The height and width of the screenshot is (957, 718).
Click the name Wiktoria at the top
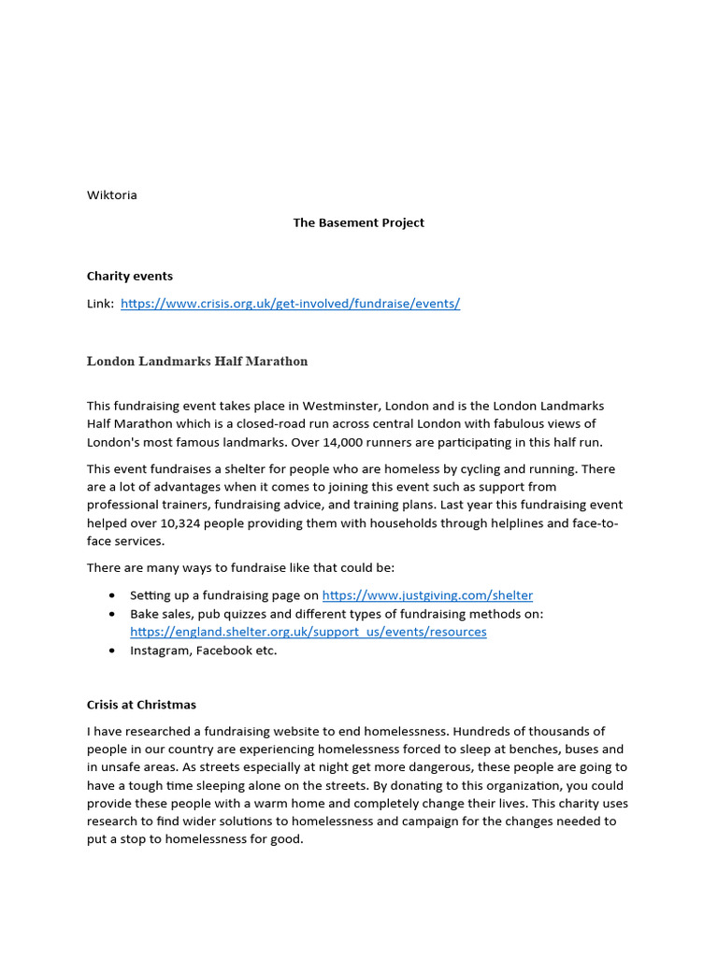click(111, 195)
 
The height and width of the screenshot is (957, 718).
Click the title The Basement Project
click(358, 222)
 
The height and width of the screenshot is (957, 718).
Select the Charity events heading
click(129, 276)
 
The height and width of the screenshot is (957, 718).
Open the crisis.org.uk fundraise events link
click(290, 304)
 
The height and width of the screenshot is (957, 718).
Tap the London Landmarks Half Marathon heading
click(197, 361)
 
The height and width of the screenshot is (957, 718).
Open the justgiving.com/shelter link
click(427, 595)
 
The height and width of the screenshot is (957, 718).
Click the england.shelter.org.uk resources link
click(308, 632)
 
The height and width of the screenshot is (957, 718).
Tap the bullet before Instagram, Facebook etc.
click(112, 650)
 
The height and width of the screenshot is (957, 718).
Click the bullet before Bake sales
click(112, 614)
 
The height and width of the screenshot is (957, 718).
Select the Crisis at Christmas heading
click(141, 705)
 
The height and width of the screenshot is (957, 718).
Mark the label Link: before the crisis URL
click(100, 304)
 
